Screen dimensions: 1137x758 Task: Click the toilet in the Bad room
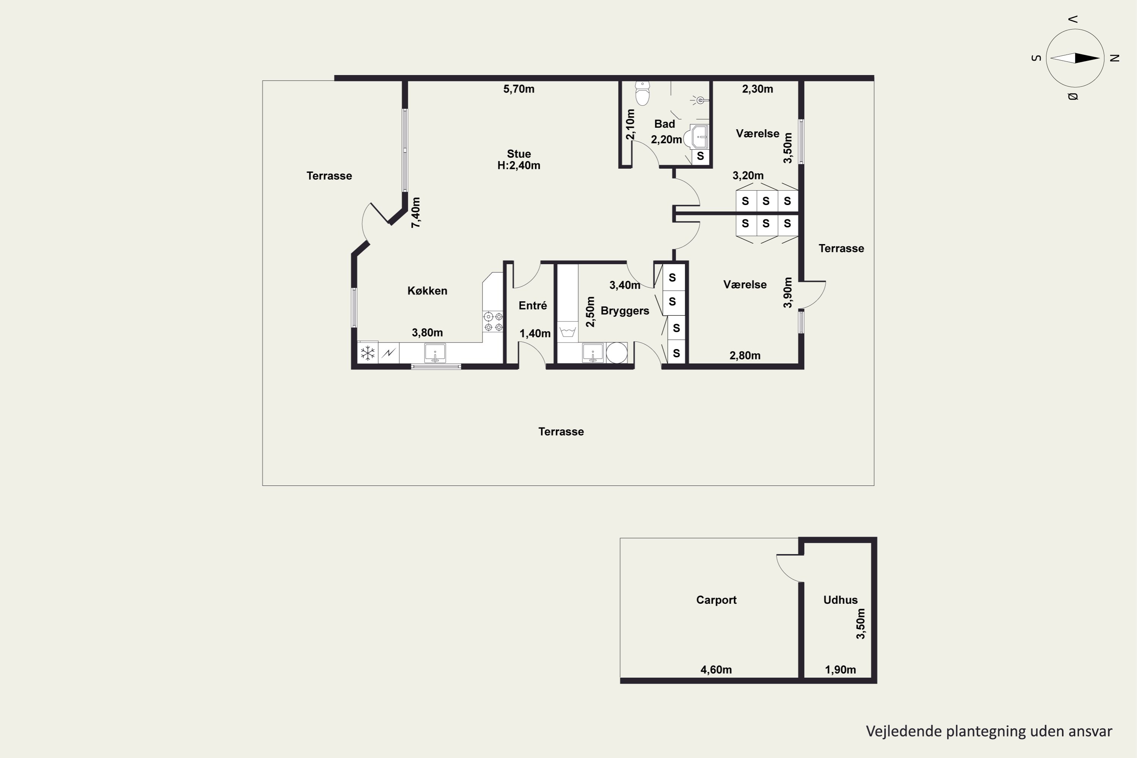642,93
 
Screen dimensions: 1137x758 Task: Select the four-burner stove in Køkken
493,322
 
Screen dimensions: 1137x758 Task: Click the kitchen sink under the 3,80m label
435,353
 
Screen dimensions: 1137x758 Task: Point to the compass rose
1075,58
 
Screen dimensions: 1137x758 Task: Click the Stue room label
519,154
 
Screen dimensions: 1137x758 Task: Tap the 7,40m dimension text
416,212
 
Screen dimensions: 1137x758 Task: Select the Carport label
716,600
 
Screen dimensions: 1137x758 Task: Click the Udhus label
840,600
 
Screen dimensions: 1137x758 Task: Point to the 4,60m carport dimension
716,670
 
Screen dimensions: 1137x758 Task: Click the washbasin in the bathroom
697,137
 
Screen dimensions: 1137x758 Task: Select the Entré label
533,305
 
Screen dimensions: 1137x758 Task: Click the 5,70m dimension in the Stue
519,89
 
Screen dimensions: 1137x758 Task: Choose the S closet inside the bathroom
700,157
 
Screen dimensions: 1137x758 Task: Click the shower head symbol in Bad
700,100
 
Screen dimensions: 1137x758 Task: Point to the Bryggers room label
625,311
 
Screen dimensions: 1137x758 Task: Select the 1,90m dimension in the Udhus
840,670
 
